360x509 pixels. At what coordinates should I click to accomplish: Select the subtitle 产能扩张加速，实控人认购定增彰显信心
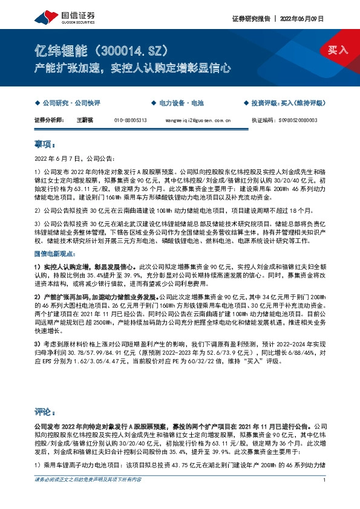click(x=133, y=68)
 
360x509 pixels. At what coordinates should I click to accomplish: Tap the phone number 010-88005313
click(x=130, y=120)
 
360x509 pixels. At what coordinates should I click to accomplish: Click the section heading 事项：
click(x=45, y=145)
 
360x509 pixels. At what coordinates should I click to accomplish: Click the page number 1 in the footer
click(x=325, y=497)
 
